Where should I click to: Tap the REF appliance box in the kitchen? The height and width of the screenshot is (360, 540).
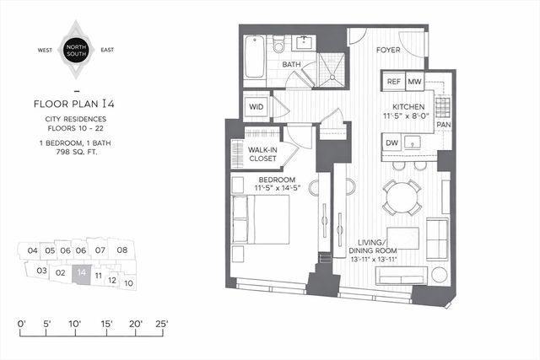tap(394, 82)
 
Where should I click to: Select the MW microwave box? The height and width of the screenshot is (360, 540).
tap(414, 82)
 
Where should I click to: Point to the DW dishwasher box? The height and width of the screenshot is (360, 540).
tap(392, 143)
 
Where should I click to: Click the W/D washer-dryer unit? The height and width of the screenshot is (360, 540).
tap(256, 107)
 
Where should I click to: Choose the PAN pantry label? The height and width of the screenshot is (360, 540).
tap(444, 124)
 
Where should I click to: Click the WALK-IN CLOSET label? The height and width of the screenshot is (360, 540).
tap(264, 154)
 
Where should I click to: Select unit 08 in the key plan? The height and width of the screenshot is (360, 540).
tap(121, 250)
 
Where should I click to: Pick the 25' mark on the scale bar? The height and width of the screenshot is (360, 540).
tap(162, 324)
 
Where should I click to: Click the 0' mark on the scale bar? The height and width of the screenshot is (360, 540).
tap(23, 324)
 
